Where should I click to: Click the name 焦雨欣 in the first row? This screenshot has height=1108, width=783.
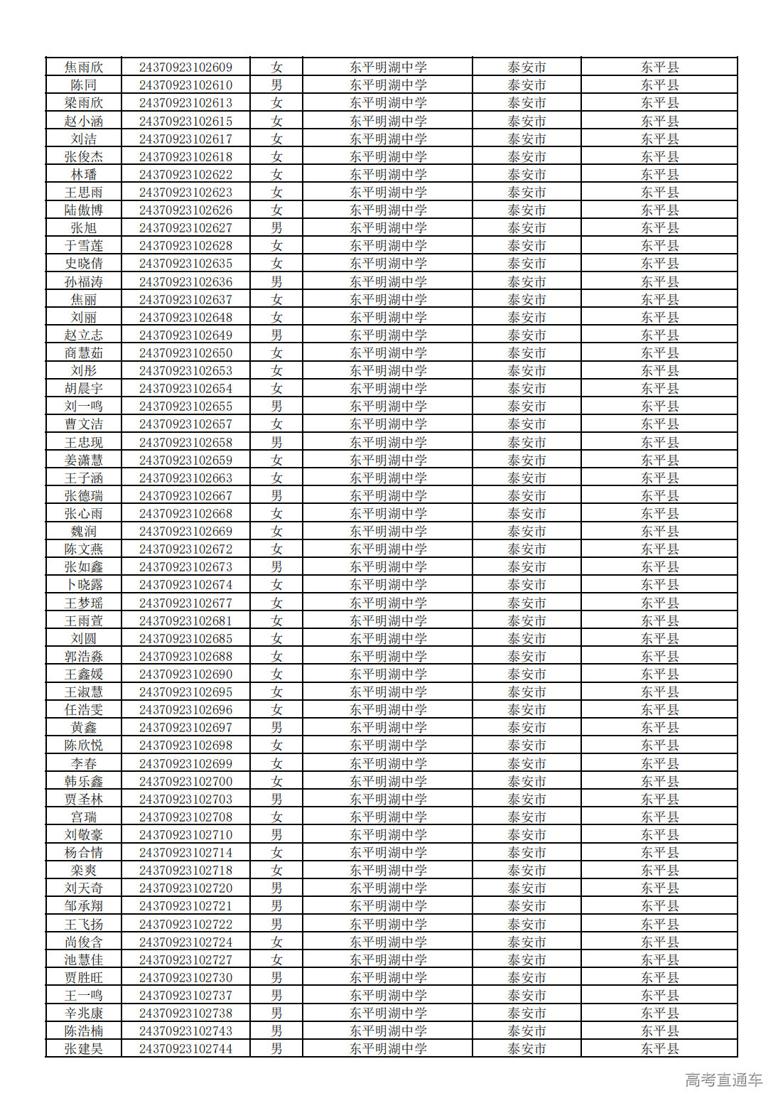pyautogui.click(x=84, y=68)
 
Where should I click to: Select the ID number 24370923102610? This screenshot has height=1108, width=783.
pyautogui.click(x=185, y=85)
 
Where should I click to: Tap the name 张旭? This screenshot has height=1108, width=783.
pyautogui.click(x=84, y=228)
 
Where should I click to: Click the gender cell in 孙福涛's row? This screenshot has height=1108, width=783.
pyautogui.click(x=276, y=282)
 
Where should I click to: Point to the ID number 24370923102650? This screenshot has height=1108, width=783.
pyautogui.click(x=185, y=353)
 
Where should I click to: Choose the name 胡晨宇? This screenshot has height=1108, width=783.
pyautogui.click(x=84, y=389)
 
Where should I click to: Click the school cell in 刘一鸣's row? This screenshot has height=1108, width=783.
pyautogui.click(x=388, y=407)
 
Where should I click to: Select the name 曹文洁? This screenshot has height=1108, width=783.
pyautogui.click(x=84, y=424)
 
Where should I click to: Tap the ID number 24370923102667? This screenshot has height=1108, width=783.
pyautogui.click(x=185, y=496)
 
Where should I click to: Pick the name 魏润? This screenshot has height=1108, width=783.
pyautogui.click(x=84, y=532)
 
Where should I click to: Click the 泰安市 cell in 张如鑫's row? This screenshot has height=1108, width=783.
pyautogui.click(x=526, y=567)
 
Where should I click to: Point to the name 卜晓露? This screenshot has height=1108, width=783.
pyautogui.click(x=84, y=585)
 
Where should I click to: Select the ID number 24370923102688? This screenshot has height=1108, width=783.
pyautogui.click(x=185, y=657)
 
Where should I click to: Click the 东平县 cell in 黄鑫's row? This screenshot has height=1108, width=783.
pyautogui.click(x=659, y=728)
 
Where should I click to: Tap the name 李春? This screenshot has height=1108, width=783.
pyautogui.click(x=84, y=764)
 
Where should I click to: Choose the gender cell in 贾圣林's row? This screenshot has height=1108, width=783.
pyautogui.click(x=276, y=800)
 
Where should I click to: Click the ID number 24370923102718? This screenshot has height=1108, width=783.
pyautogui.click(x=185, y=871)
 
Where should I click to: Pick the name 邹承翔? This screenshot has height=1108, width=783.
pyautogui.click(x=84, y=906)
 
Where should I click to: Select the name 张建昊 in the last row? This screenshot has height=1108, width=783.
pyautogui.click(x=84, y=1049)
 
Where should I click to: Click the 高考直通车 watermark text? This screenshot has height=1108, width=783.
pyautogui.click(x=723, y=1080)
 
